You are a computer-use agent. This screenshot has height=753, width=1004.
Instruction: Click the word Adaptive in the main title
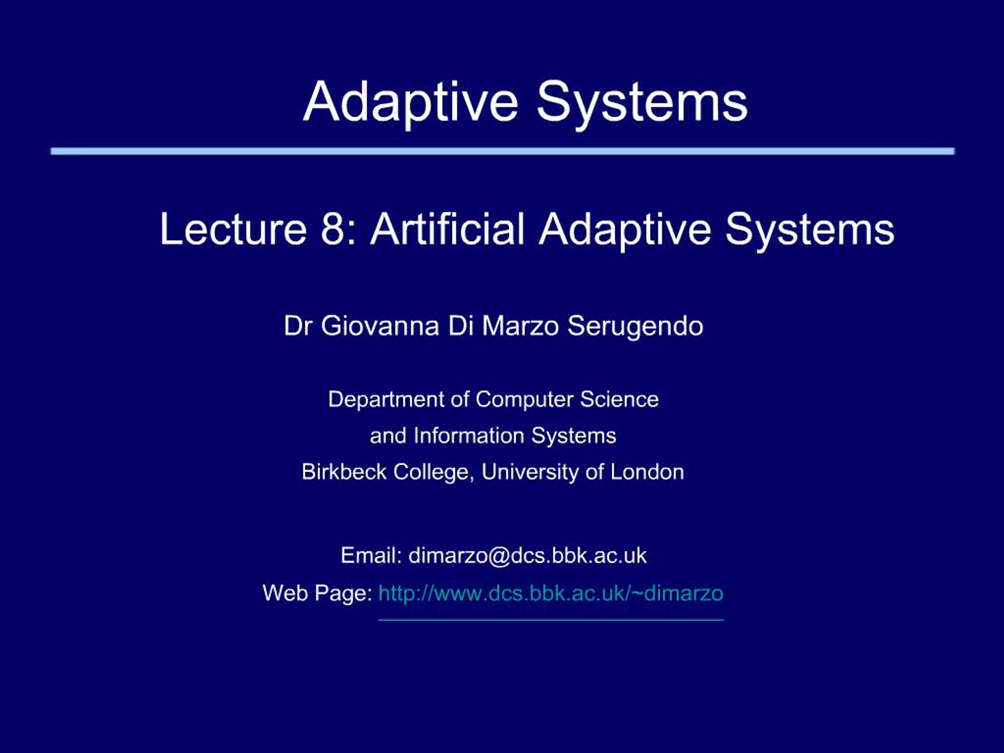pos(410,102)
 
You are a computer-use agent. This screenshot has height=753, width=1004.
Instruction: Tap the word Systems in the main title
pos(642,102)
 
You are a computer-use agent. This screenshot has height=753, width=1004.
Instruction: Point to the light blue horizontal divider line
pos(502,151)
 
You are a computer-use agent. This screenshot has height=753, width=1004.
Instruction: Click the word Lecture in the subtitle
pos(233,229)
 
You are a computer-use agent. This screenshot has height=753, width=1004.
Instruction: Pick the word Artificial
pos(447,229)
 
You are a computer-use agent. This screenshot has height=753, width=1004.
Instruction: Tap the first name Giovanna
pos(380,326)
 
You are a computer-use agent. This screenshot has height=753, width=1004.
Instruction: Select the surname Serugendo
pos(635,326)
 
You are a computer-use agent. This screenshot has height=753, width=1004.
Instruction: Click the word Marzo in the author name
pos(520,326)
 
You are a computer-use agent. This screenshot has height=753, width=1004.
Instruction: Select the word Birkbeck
pos(344,472)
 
